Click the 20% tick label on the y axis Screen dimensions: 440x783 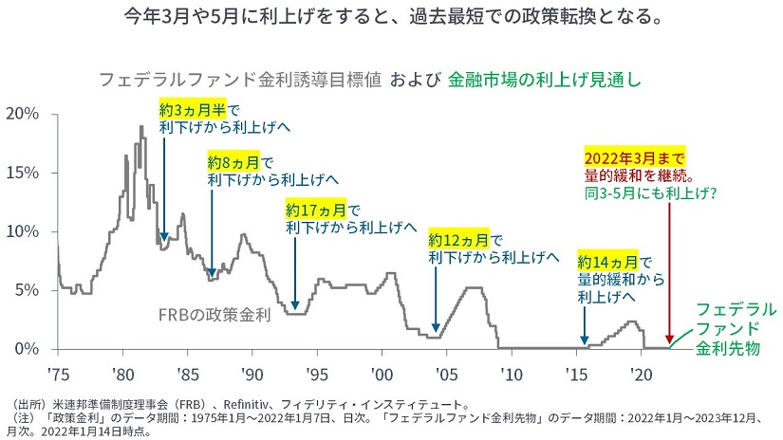pos(23,114)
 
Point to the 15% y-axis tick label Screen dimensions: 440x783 pos(23,173)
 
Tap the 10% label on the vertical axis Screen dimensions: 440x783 pos(23,231)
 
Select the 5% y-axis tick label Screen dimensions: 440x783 pos(27,290)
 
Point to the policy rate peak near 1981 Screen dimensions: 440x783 pos(141,127)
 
